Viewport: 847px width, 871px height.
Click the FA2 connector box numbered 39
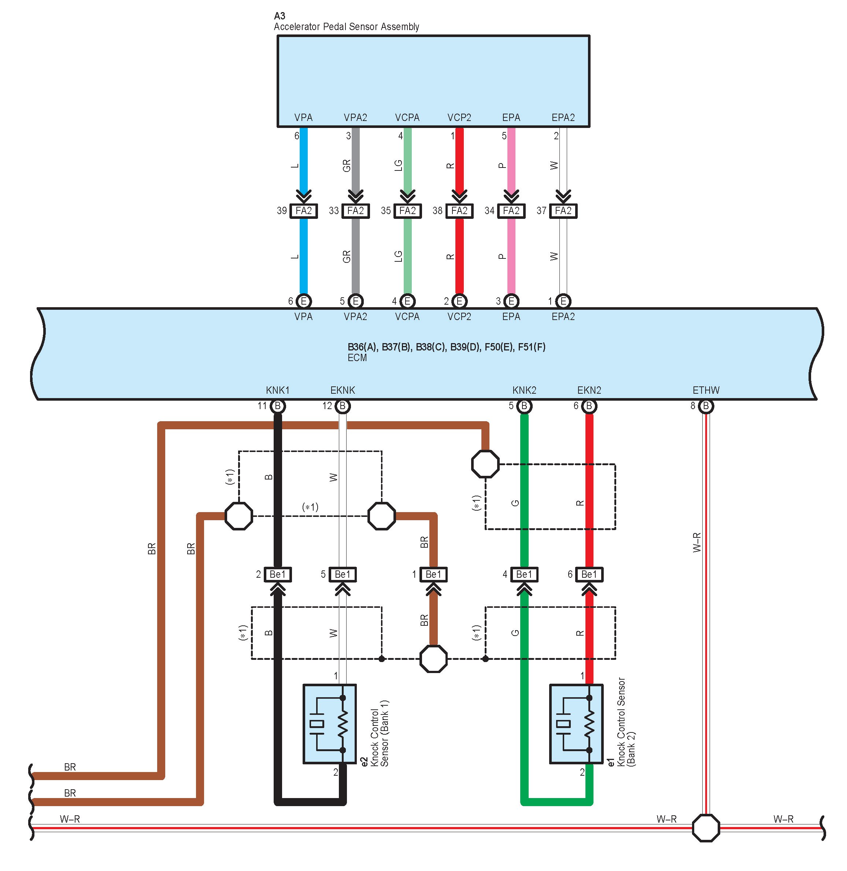click(304, 210)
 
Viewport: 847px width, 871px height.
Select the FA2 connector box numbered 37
click(563, 210)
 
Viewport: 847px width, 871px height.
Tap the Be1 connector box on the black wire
click(278, 574)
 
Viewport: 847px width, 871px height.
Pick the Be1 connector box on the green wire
click(524, 574)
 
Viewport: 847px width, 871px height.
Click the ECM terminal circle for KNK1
click(278, 406)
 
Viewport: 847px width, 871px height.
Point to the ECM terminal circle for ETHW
click(706, 406)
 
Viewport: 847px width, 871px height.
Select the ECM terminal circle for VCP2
click(459, 301)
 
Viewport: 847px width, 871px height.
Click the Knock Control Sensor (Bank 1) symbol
click(330, 724)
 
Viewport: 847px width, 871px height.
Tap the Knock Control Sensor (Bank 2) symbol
click(576, 724)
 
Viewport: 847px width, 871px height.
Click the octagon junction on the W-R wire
click(706, 828)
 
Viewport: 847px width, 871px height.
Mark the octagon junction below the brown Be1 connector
click(433, 659)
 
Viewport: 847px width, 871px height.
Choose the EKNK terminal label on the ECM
click(343, 390)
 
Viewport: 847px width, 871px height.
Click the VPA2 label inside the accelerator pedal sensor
click(355, 118)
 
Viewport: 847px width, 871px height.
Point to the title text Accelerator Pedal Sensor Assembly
click(347, 27)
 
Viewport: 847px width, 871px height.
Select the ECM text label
click(357, 358)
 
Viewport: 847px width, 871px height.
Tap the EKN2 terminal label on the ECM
click(589, 390)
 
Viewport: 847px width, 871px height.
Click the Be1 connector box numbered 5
click(343, 574)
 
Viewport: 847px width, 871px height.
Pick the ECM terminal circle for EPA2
click(563, 301)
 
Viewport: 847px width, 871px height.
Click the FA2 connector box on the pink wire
click(511, 210)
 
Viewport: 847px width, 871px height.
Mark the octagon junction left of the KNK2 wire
click(485, 464)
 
